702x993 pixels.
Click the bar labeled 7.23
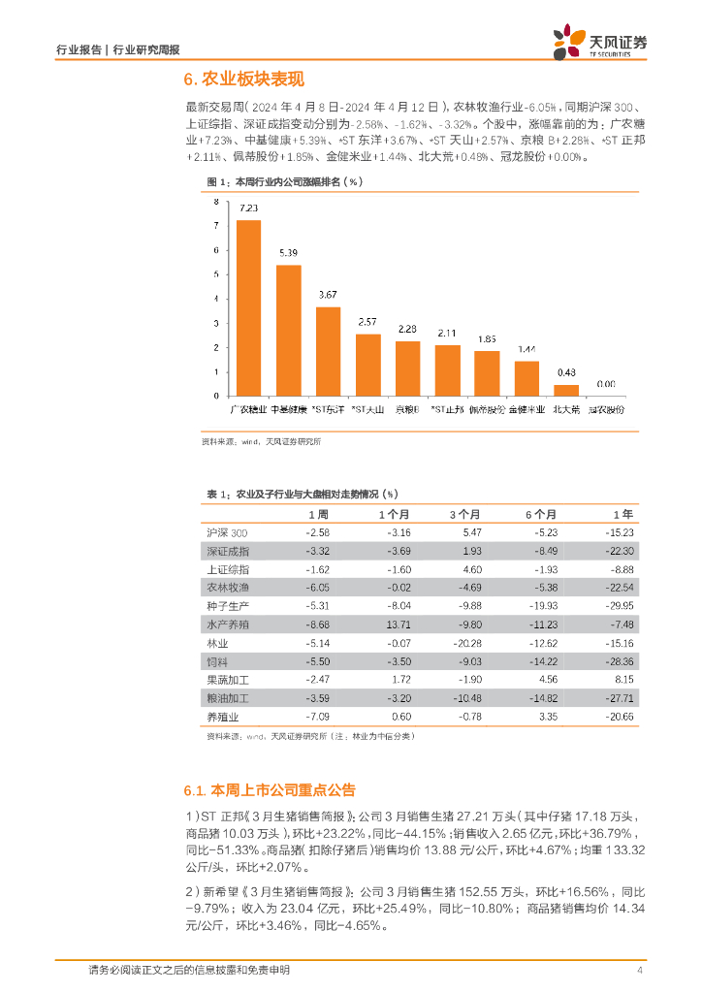click(249, 307)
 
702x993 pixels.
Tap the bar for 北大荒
click(566, 390)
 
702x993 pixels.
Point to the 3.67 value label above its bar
click(328, 294)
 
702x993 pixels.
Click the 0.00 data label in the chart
click(605, 384)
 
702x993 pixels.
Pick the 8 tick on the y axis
click(216, 201)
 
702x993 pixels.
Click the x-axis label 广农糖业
click(248, 409)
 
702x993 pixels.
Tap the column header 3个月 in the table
click(464, 514)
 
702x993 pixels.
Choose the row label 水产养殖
click(228, 622)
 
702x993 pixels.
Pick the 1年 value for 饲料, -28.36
click(618, 659)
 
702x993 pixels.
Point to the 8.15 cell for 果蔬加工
click(622, 679)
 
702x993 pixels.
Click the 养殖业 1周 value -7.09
click(317, 717)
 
